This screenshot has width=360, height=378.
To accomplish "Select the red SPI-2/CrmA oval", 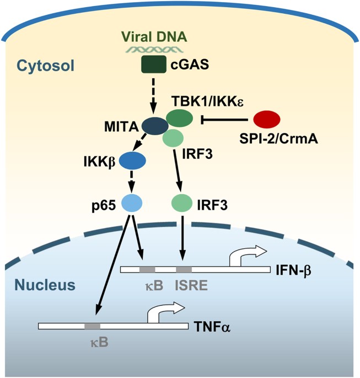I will (x=266, y=119).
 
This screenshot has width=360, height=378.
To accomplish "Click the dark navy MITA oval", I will (x=155, y=126).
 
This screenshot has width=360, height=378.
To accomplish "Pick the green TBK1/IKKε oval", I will (x=179, y=118).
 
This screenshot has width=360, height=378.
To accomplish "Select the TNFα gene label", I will (x=213, y=326).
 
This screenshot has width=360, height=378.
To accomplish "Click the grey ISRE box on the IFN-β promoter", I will (x=184, y=270).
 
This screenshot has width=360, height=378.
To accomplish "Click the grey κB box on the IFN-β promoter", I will (x=147, y=270).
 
